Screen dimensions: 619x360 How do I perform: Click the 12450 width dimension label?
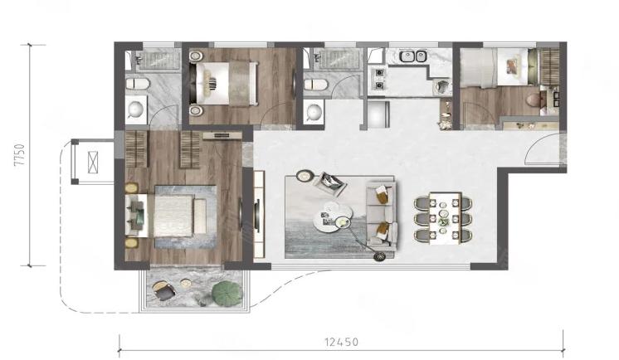342,342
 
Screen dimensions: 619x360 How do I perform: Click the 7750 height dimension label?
20,155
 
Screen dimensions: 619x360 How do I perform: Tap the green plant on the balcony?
227,294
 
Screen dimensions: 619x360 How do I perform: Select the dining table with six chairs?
443,218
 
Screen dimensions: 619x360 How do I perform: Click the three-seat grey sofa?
381,215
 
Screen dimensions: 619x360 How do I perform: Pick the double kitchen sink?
413,56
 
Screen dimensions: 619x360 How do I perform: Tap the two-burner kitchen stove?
378,79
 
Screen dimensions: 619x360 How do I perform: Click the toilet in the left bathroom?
138,84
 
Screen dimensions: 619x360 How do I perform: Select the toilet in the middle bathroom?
316,84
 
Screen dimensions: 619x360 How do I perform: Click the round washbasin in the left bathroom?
136,109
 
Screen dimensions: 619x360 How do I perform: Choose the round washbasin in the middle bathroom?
314,113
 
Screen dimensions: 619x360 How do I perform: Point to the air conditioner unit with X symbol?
92,162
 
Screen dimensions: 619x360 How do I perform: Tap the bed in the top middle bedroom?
223,83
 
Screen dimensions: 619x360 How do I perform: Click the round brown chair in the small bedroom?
535,100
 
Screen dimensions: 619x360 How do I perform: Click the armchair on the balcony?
163,290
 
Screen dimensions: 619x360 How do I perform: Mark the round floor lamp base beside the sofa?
379,256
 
